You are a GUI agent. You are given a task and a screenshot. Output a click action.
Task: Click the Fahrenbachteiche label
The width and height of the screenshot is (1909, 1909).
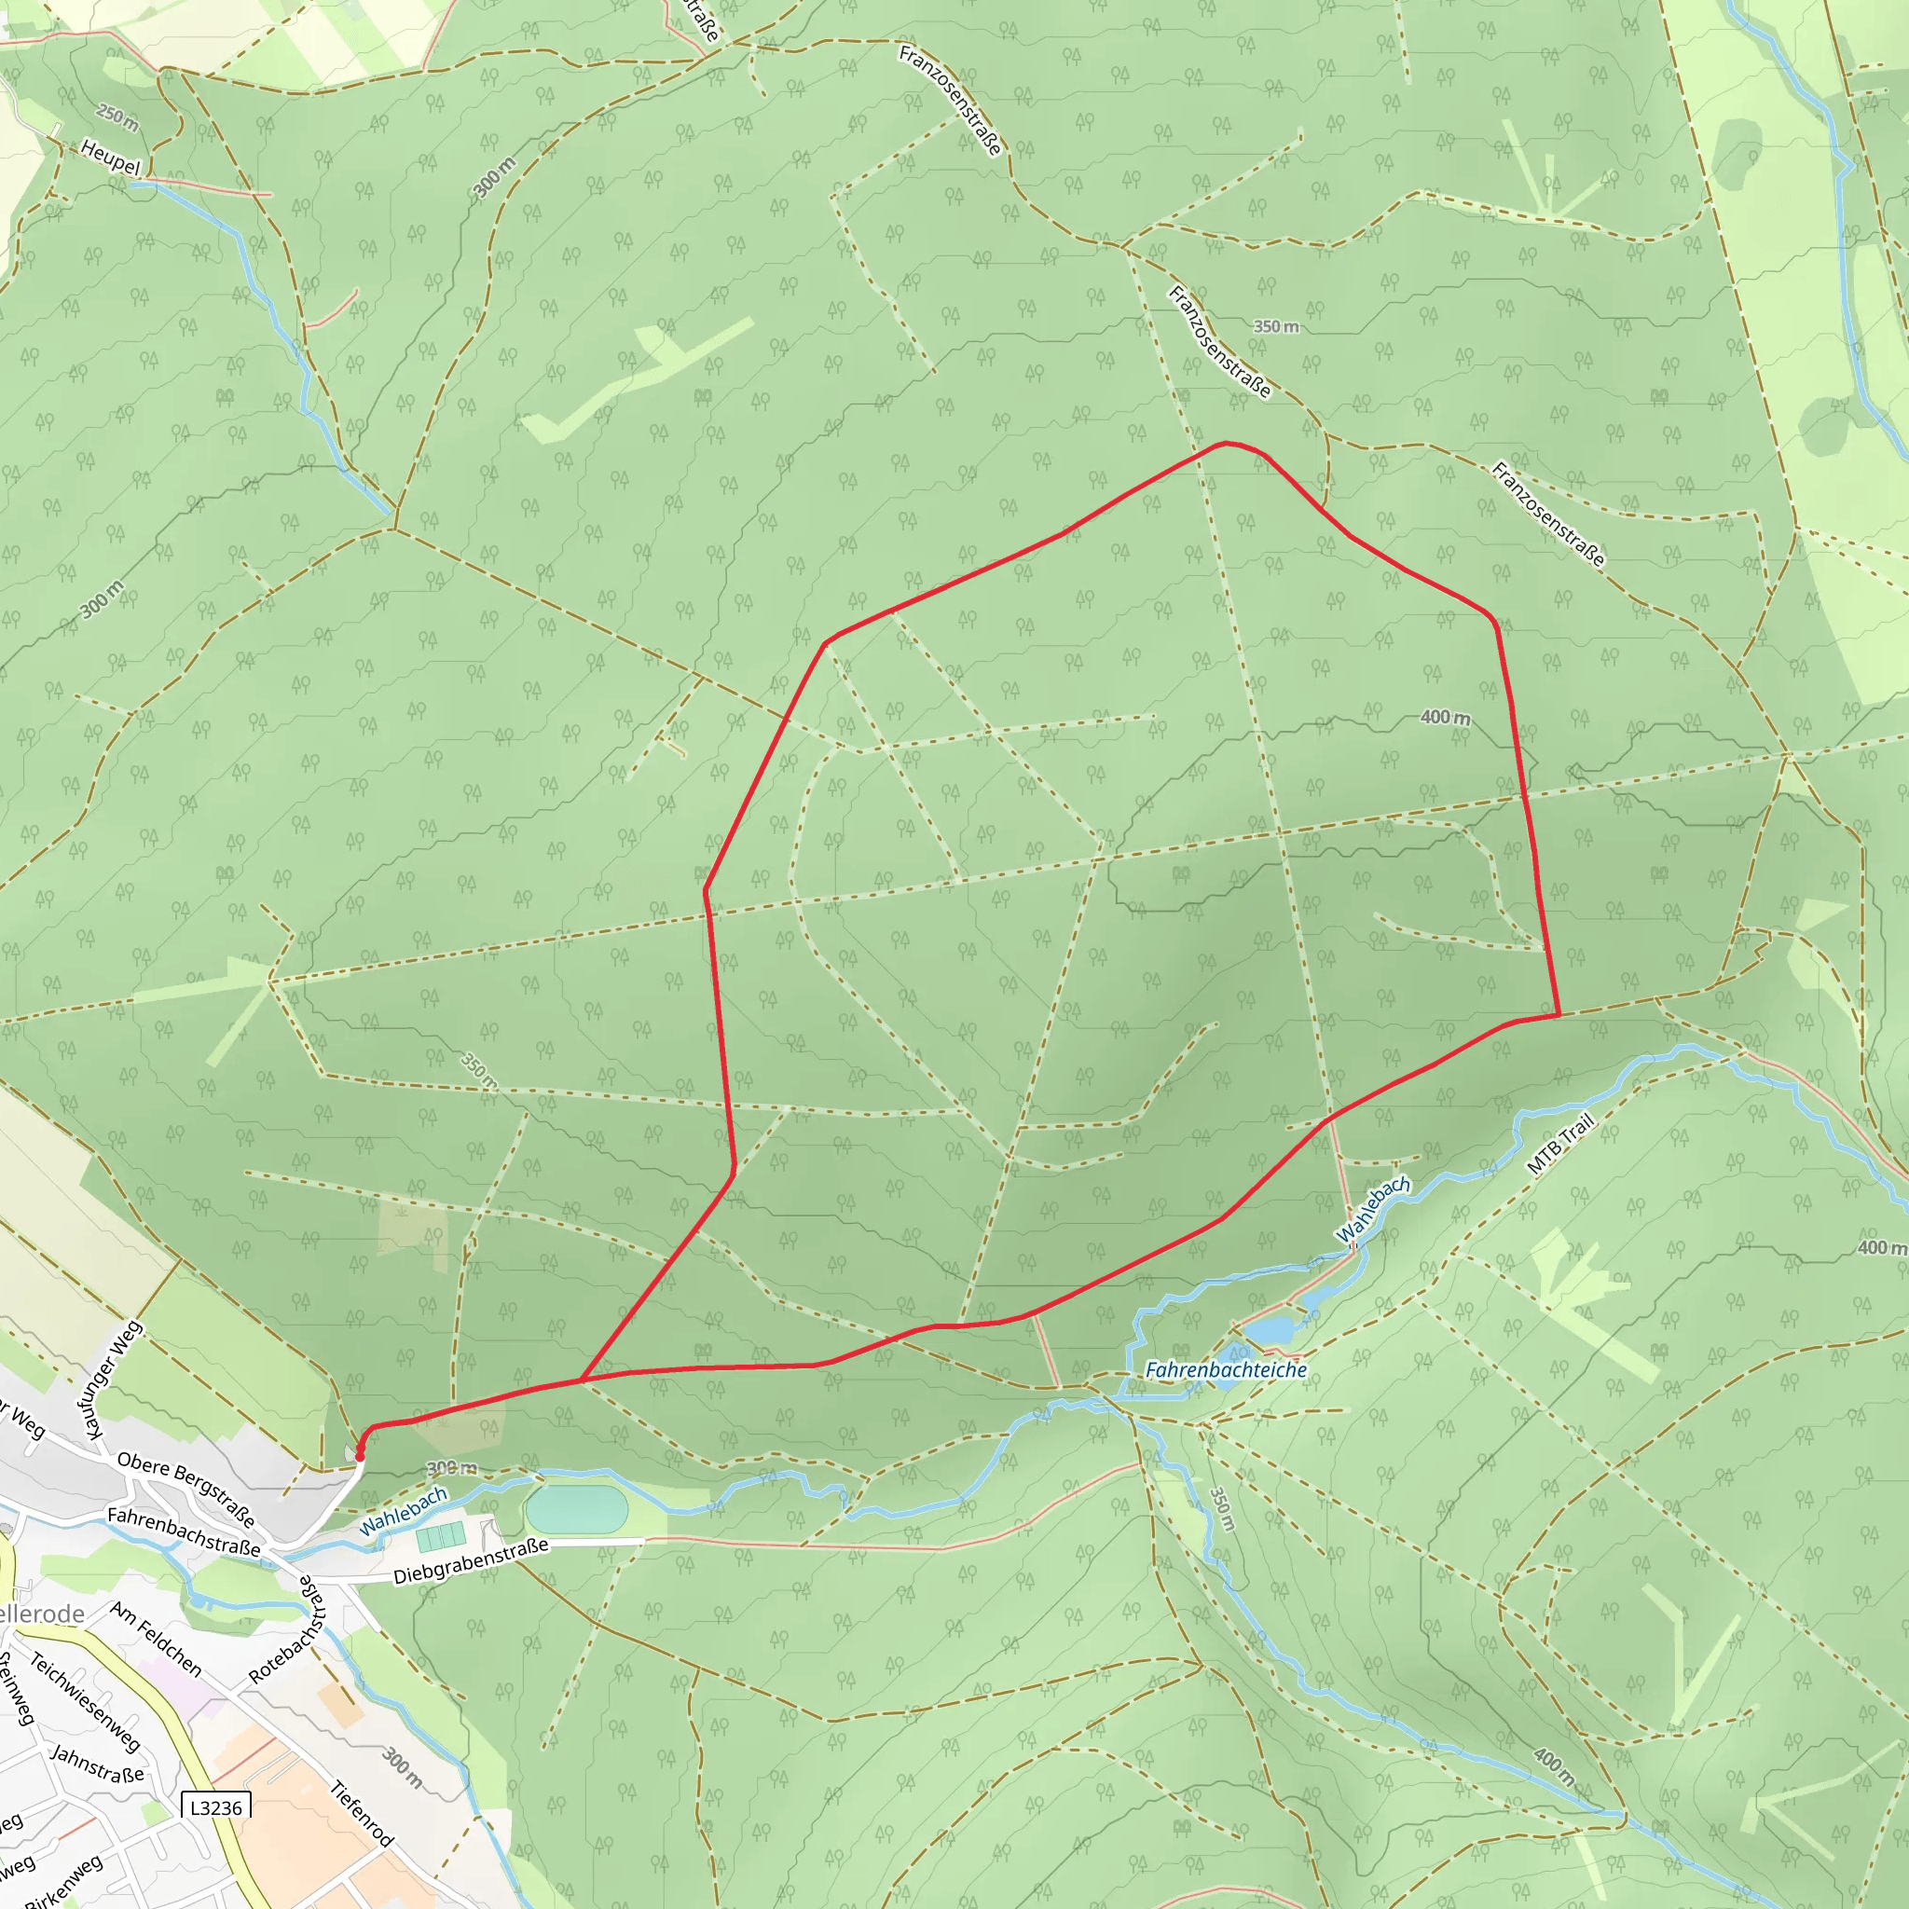(x=1225, y=1369)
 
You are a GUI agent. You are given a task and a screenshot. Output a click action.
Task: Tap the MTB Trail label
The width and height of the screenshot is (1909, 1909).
(x=1560, y=1145)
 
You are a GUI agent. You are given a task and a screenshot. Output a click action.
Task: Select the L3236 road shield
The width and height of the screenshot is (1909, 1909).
(x=215, y=1807)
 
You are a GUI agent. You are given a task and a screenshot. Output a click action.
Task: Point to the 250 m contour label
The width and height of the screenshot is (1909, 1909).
(x=117, y=117)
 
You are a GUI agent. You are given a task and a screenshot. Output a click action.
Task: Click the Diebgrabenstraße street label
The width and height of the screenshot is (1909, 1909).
(x=471, y=1560)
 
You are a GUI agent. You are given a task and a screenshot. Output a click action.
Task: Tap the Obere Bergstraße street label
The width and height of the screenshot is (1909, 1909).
(x=185, y=1489)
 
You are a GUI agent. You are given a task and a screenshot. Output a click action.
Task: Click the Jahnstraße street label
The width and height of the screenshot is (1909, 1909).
(x=97, y=1764)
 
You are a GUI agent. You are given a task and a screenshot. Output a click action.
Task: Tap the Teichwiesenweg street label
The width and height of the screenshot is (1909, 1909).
(x=85, y=1701)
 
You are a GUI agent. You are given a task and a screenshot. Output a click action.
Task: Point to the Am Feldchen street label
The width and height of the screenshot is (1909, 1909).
(x=156, y=1640)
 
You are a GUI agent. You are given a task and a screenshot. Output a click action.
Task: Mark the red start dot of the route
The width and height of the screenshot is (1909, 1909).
(x=360, y=1455)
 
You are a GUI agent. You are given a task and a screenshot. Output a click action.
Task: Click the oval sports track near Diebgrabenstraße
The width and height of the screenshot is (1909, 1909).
(x=576, y=1510)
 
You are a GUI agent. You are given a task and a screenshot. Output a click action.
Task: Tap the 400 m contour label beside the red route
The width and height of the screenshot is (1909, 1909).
(x=1445, y=717)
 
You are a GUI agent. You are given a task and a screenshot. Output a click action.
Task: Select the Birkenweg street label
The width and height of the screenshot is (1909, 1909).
(x=63, y=1883)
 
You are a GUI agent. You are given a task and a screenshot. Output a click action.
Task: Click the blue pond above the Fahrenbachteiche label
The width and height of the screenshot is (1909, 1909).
(x=1269, y=1331)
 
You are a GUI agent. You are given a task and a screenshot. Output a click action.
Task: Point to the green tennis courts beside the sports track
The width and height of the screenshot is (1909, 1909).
(x=441, y=1537)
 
